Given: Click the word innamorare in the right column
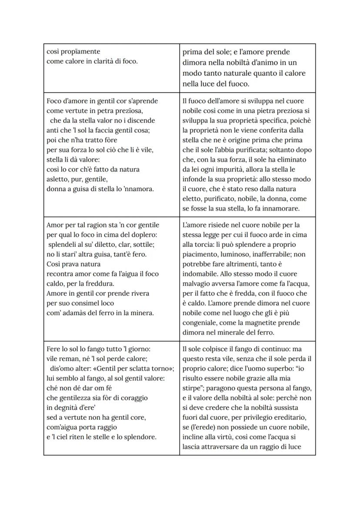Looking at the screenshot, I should tap(281, 208).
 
